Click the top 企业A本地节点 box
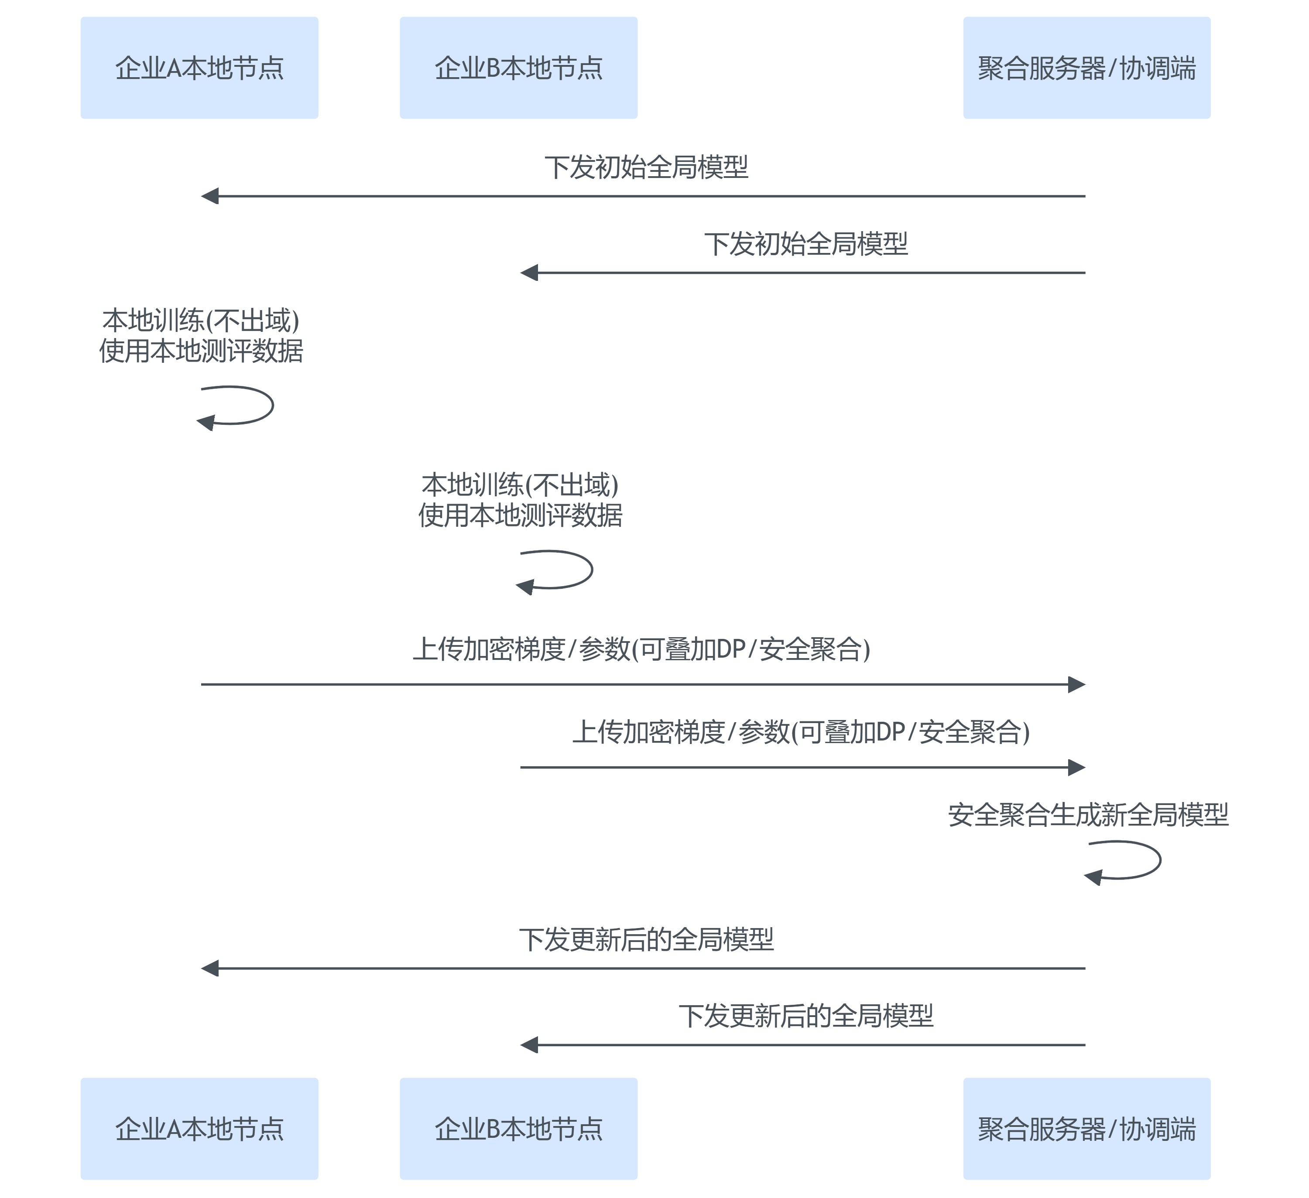point(199,68)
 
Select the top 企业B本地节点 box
point(518,68)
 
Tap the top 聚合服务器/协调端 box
point(1086,68)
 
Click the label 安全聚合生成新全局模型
point(1088,815)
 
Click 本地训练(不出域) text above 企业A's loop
point(201,321)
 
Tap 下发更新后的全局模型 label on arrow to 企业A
point(646,939)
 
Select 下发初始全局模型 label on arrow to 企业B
point(806,244)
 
